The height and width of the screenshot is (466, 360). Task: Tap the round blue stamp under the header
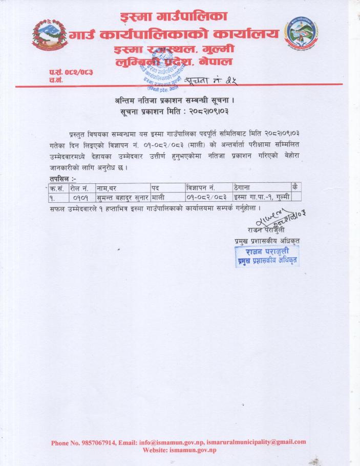163,72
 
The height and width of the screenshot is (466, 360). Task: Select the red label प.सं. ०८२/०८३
71,72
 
